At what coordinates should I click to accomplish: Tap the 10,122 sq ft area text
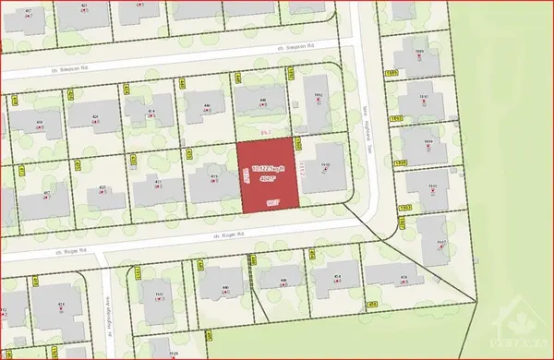270,170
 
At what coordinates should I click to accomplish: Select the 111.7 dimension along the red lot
302,170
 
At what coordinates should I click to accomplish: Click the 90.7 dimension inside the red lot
272,200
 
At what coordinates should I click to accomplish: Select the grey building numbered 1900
324,168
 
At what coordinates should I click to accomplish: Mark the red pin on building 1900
325,173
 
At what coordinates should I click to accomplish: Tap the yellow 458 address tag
373,304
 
